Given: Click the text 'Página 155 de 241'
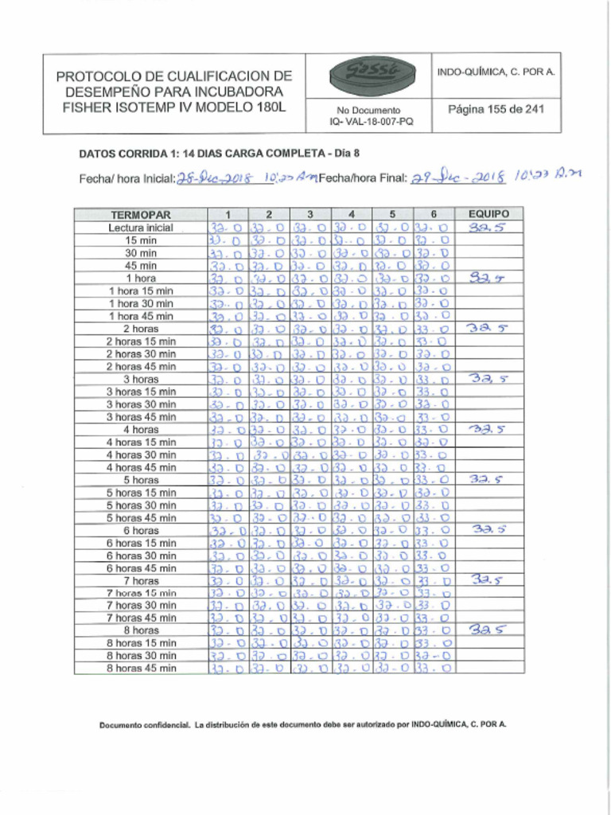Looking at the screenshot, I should [496, 109].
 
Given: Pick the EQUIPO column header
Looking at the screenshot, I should [489, 214].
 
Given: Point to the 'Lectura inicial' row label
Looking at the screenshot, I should [141, 228].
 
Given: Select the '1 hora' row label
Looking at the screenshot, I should [141, 279].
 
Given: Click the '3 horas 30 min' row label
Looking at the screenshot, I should [141, 404].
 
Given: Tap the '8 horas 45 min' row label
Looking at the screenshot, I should [141, 668].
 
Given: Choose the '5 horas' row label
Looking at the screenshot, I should [141, 480].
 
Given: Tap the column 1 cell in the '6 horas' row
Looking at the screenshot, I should [228, 530].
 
